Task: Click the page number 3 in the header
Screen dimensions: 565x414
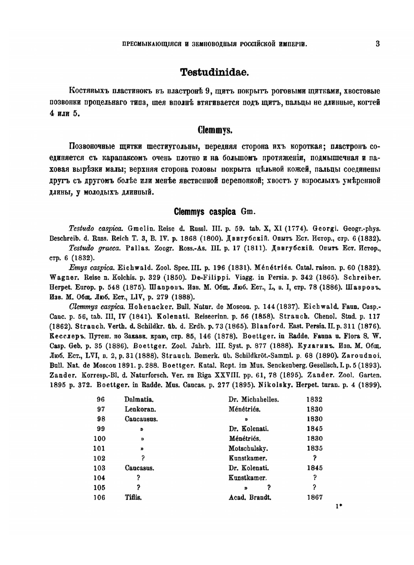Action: (378, 43)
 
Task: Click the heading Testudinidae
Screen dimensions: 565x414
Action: (214, 72)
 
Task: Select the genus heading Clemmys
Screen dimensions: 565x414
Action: (214, 130)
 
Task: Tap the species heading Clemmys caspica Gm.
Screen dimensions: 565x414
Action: (214, 212)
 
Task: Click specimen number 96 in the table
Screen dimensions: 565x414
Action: (101, 399)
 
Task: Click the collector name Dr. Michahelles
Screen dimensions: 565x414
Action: (253, 399)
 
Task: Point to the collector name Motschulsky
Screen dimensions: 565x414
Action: (248, 448)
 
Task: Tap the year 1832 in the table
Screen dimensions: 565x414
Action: (314, 399)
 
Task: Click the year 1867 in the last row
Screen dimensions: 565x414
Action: (314, 498)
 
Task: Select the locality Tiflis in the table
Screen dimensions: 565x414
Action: (133, 498)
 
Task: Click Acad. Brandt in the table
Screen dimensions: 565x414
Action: (250, 498)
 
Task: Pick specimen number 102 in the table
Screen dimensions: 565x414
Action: (99, 458)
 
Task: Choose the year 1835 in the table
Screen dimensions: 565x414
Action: (314, 448)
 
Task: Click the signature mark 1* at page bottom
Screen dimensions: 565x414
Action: (339, 506)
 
